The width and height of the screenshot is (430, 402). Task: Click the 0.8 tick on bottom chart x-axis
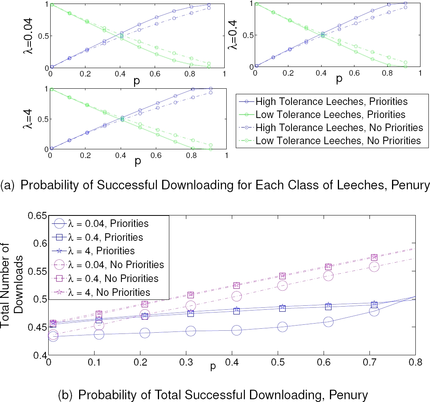[415, 362]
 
